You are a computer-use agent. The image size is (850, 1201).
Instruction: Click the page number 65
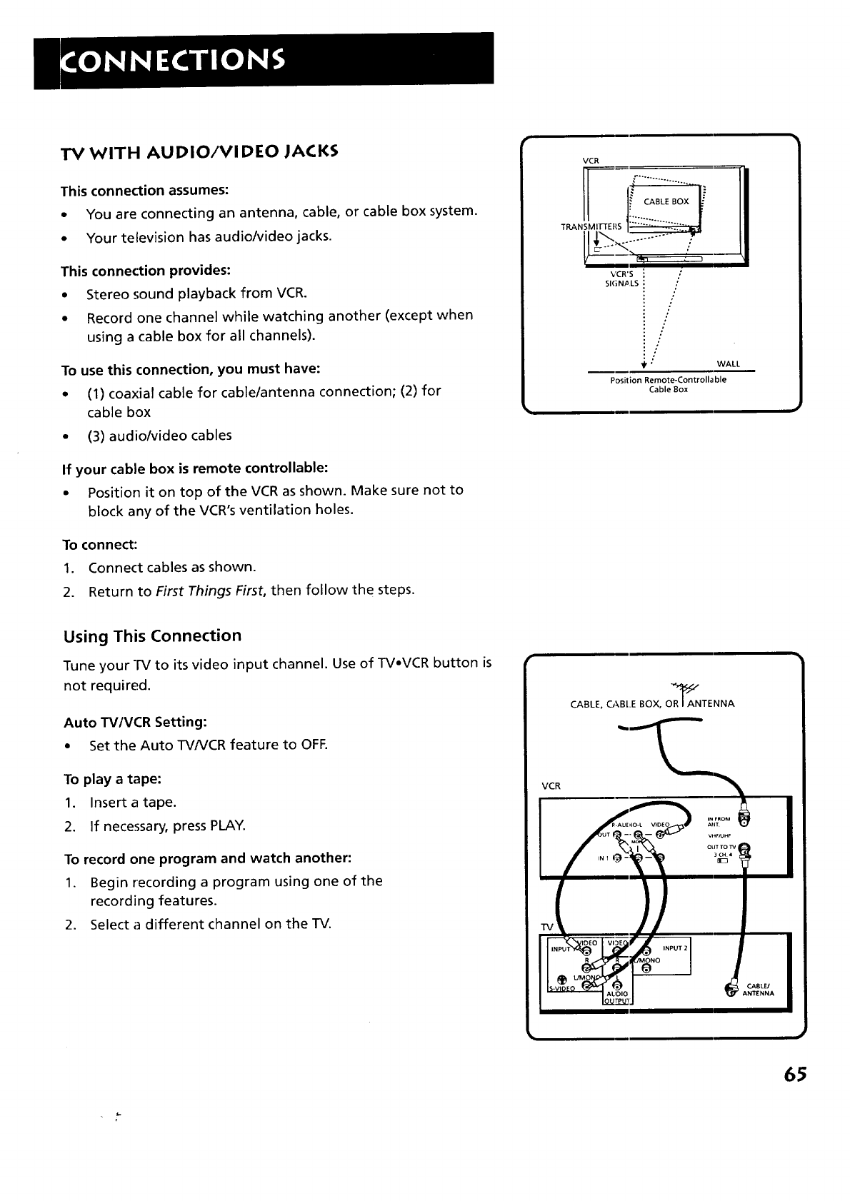pos(794,1075)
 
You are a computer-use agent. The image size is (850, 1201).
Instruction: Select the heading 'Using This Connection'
pos(152,635)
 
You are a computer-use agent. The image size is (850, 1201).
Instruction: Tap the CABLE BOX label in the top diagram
pos(666,201)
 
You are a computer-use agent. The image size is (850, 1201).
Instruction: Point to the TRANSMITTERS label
pos(592,226)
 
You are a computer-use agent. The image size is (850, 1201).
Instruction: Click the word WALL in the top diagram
pos(727,364)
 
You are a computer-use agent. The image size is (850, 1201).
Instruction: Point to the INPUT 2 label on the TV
pos(674,948)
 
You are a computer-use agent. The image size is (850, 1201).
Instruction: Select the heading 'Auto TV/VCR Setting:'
pos(136,722)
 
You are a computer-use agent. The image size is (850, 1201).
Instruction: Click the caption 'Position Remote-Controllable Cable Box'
pos(668,384)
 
